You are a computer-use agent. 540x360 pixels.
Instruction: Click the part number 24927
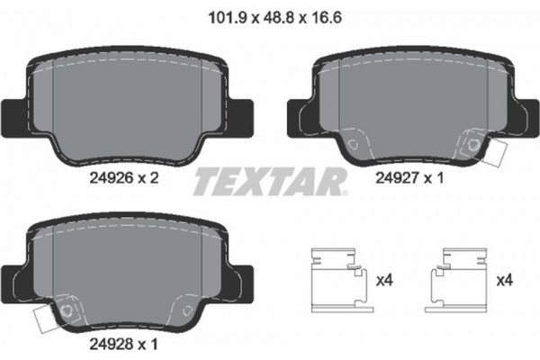click(x=395, y=179)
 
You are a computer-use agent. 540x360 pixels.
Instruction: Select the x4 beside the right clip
click(x=504, y=281)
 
